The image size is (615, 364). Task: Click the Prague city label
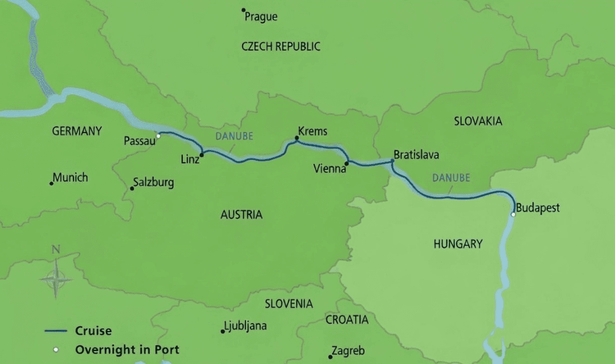point(261,17)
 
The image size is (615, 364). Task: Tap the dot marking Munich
point(51,183)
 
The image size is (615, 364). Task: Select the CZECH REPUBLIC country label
point(281,47)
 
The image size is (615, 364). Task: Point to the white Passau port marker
point(159,136)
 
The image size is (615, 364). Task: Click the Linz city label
point(190,160)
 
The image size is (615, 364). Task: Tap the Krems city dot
point(297,138)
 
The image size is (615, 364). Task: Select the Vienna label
point(330,169)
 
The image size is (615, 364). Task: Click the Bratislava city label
point(416,155)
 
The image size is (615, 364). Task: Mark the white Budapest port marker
point(513,214)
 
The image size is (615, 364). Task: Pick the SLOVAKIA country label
point(478,121)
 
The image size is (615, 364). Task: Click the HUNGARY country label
point(458,244)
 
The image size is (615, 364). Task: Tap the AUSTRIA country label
point(241,215)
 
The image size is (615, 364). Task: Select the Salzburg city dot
point(132,188)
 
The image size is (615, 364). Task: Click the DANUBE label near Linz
point(234,136)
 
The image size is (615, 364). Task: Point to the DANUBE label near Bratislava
point(451,178)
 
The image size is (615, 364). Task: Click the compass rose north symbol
point(56,249)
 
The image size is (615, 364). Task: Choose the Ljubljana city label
point(245,326)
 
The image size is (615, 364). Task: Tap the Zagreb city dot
point(330,357)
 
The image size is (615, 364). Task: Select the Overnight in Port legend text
point(127,350)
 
